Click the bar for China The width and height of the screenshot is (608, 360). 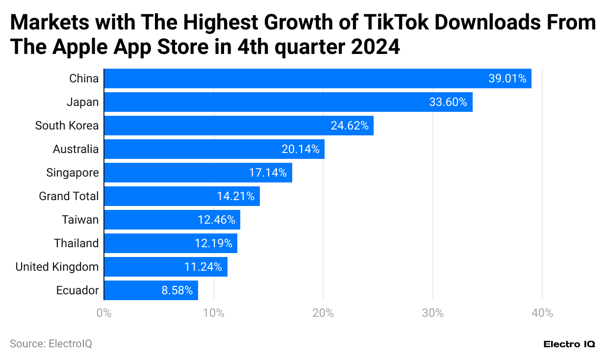(x=318, y=78)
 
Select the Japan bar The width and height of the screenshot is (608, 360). (x=288, y=102)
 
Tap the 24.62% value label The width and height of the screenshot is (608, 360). (x=350, y=126)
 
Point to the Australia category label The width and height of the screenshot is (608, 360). (x=76, y=149)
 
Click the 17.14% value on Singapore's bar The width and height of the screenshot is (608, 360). (x=268, y=173)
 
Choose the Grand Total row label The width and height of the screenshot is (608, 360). (x=69, y=196)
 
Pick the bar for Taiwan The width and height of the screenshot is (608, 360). (x=172, y=220)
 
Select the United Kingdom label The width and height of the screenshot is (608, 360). (x=57, y=267)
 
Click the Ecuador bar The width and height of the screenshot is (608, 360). (x=151, y=290)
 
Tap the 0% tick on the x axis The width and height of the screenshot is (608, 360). (x=103, y=313)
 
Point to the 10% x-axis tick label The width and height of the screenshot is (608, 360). (x=213, y=313)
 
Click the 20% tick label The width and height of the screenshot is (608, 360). (x=323, y=313)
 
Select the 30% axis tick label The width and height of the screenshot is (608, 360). (x=433, y=313)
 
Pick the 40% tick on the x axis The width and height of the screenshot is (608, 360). (x=542, y=313)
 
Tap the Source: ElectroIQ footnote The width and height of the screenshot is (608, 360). (x=51, y=344)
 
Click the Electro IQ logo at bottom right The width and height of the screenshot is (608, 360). (x=569, y=344)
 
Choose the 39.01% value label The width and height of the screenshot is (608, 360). (x=507, y=78)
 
